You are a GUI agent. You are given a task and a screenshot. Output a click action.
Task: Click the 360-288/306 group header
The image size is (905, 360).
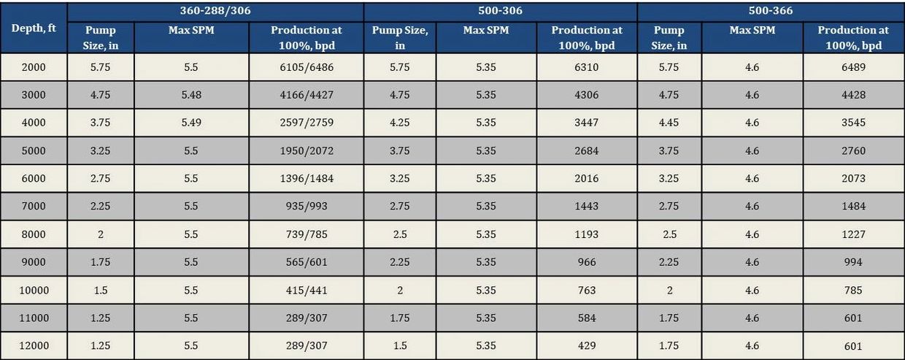[x=215, y=11]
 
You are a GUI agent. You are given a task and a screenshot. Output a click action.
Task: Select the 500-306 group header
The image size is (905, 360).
[x=500, y=11]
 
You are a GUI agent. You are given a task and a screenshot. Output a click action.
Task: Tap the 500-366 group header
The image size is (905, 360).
[x=770, y=11]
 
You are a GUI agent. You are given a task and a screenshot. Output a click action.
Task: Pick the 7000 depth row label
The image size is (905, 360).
[x=34, y=207]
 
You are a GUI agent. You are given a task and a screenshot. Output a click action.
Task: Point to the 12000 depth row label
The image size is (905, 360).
[x=34, y=345]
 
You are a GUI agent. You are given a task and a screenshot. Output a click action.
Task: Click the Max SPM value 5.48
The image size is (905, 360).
[x=191, y=95]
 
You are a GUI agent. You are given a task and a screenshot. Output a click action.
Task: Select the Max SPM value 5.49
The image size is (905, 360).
[x=191, y=123]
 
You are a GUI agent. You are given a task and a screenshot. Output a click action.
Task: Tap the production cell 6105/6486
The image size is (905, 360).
[x=306, y=67]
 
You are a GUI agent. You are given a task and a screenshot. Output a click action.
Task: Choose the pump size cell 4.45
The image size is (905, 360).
[x=669, y=123]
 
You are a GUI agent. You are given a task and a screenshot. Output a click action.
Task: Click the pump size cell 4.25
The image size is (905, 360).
[x=399, y=123]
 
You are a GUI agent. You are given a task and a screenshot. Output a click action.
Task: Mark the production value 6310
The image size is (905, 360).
[x=586, y=67]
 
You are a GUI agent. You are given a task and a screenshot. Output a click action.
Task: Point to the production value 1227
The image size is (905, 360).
[x=852, y=234]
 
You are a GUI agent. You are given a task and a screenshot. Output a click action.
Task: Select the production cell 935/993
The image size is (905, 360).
[x=306, y=207]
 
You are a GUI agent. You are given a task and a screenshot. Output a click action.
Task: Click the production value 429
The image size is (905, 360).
[x=586, y=345]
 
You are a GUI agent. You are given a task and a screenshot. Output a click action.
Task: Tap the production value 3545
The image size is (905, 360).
[x=852, y=123]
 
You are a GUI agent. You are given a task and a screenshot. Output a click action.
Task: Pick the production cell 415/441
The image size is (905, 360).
[x=306, y=290]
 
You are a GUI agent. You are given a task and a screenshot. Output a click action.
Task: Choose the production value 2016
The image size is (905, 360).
[x=586, y=178]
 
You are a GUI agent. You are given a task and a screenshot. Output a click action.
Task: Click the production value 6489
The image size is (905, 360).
[x=852, y=67]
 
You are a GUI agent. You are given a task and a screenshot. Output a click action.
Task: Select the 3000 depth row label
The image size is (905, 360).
[x=34, y=95]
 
